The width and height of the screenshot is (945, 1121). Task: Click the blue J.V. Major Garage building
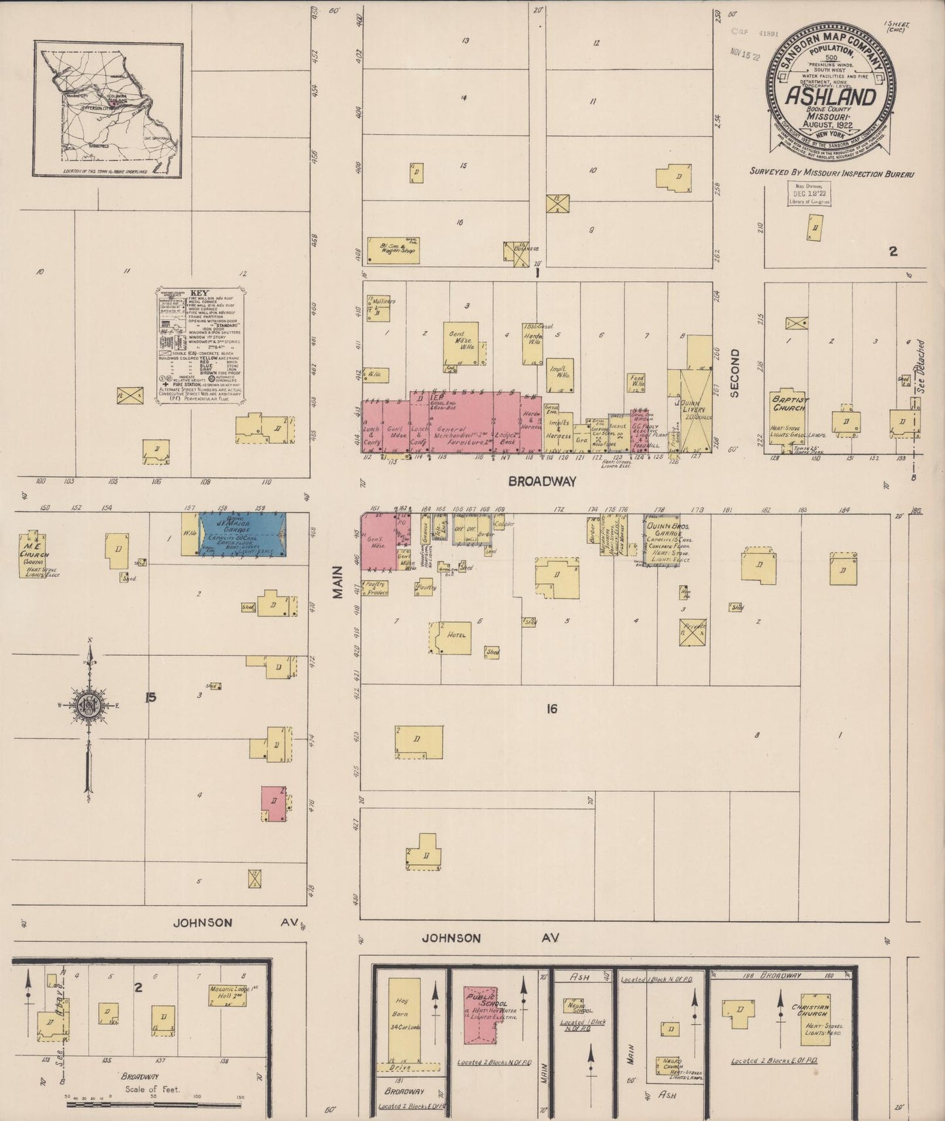[242, 535]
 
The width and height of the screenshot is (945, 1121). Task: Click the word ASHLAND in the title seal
[831, 97]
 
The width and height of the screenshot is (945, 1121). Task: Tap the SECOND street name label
[734, 373]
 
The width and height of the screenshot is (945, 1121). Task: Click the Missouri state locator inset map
[109, 109]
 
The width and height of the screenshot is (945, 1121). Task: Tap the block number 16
[552, 708]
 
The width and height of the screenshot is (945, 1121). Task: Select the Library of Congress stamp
[808, 194]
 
